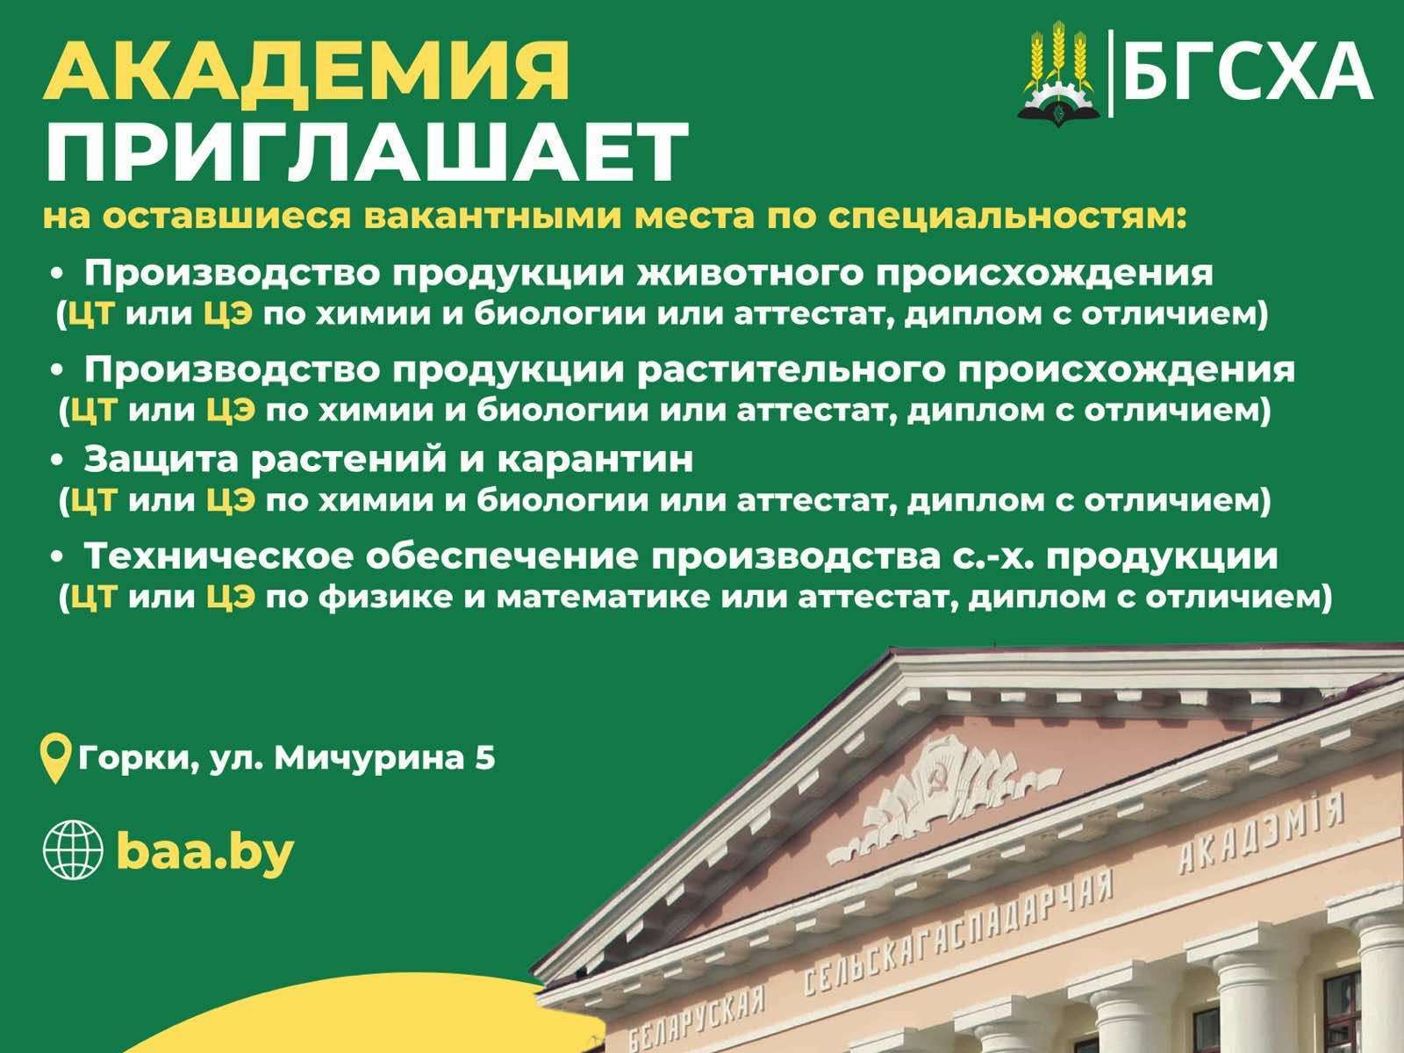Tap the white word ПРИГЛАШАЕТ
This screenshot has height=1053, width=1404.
coord(367,154)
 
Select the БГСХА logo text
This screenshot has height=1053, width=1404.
coord(1248,72)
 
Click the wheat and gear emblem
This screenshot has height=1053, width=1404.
coord(1058,75)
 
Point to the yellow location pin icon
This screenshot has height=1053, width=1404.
coord(55,759)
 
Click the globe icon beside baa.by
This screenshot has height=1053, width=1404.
coord(73,850)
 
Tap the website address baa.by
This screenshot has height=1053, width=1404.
coord(204,851)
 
